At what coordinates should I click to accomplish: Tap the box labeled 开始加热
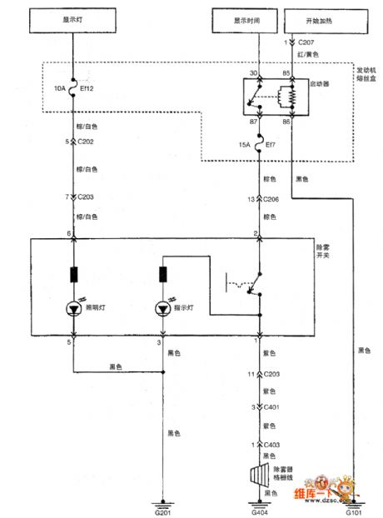[316, 20]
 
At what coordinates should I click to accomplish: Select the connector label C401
[273, 408]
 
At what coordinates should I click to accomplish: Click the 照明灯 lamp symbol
[74, 309]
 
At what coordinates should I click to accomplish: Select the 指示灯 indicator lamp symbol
[164, 309]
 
